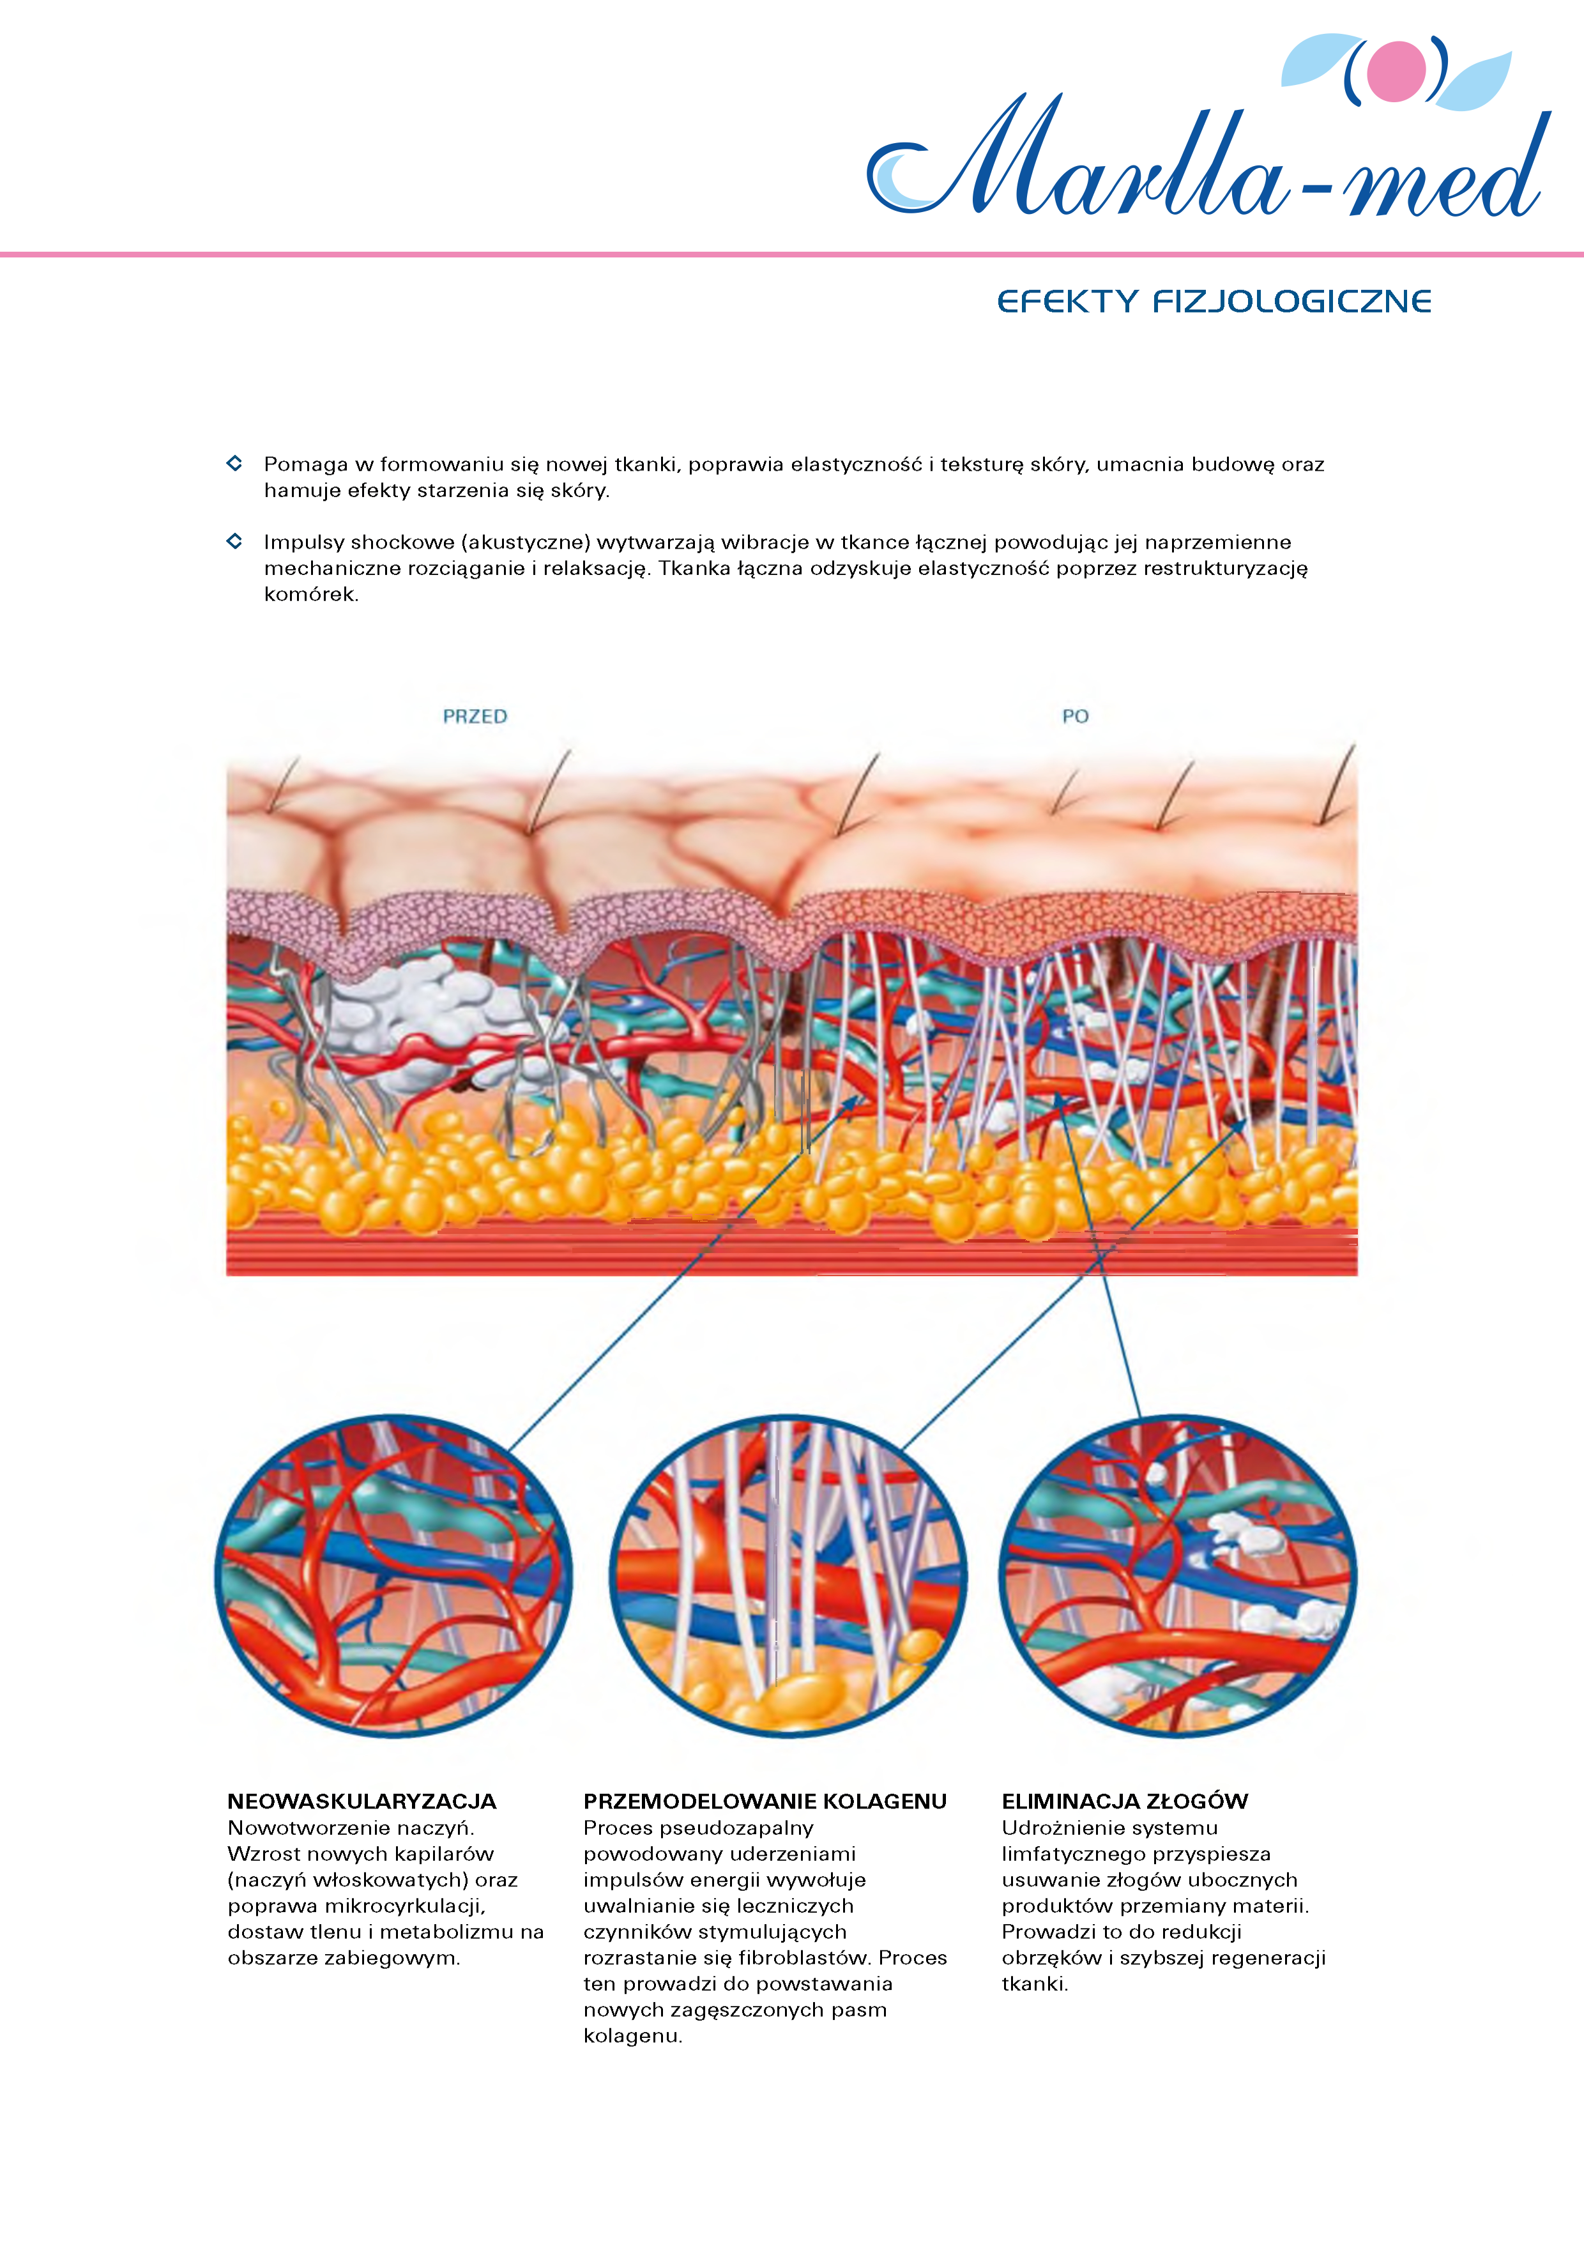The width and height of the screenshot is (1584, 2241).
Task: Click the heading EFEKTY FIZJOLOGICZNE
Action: pyautogui.click(x=1214, y=302)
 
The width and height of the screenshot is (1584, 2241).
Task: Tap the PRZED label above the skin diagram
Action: pyautogui.click(x=475, y=716)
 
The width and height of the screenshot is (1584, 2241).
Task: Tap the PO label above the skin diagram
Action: pyautogui.click(x=1076, y=716)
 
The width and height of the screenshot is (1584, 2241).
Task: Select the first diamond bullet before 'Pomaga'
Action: pyautogui.click(x=234, y=463)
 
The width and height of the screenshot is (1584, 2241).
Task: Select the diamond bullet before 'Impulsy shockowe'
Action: pyautogui.click(x=234, y=540)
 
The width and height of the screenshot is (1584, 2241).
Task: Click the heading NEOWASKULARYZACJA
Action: pyautogui.click(x=362, y=1801)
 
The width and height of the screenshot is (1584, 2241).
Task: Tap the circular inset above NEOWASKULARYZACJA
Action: pyautogui.click(x=393, y=1577)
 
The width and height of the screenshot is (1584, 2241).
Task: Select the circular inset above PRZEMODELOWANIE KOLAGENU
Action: pyautogui.click(x=789, y=1577)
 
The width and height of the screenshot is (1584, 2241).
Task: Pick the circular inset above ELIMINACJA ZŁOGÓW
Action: pyautogui.click(x=1177, y=1577)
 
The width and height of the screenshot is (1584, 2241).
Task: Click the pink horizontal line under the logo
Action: pyautogui.click(x=791, y=255)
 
